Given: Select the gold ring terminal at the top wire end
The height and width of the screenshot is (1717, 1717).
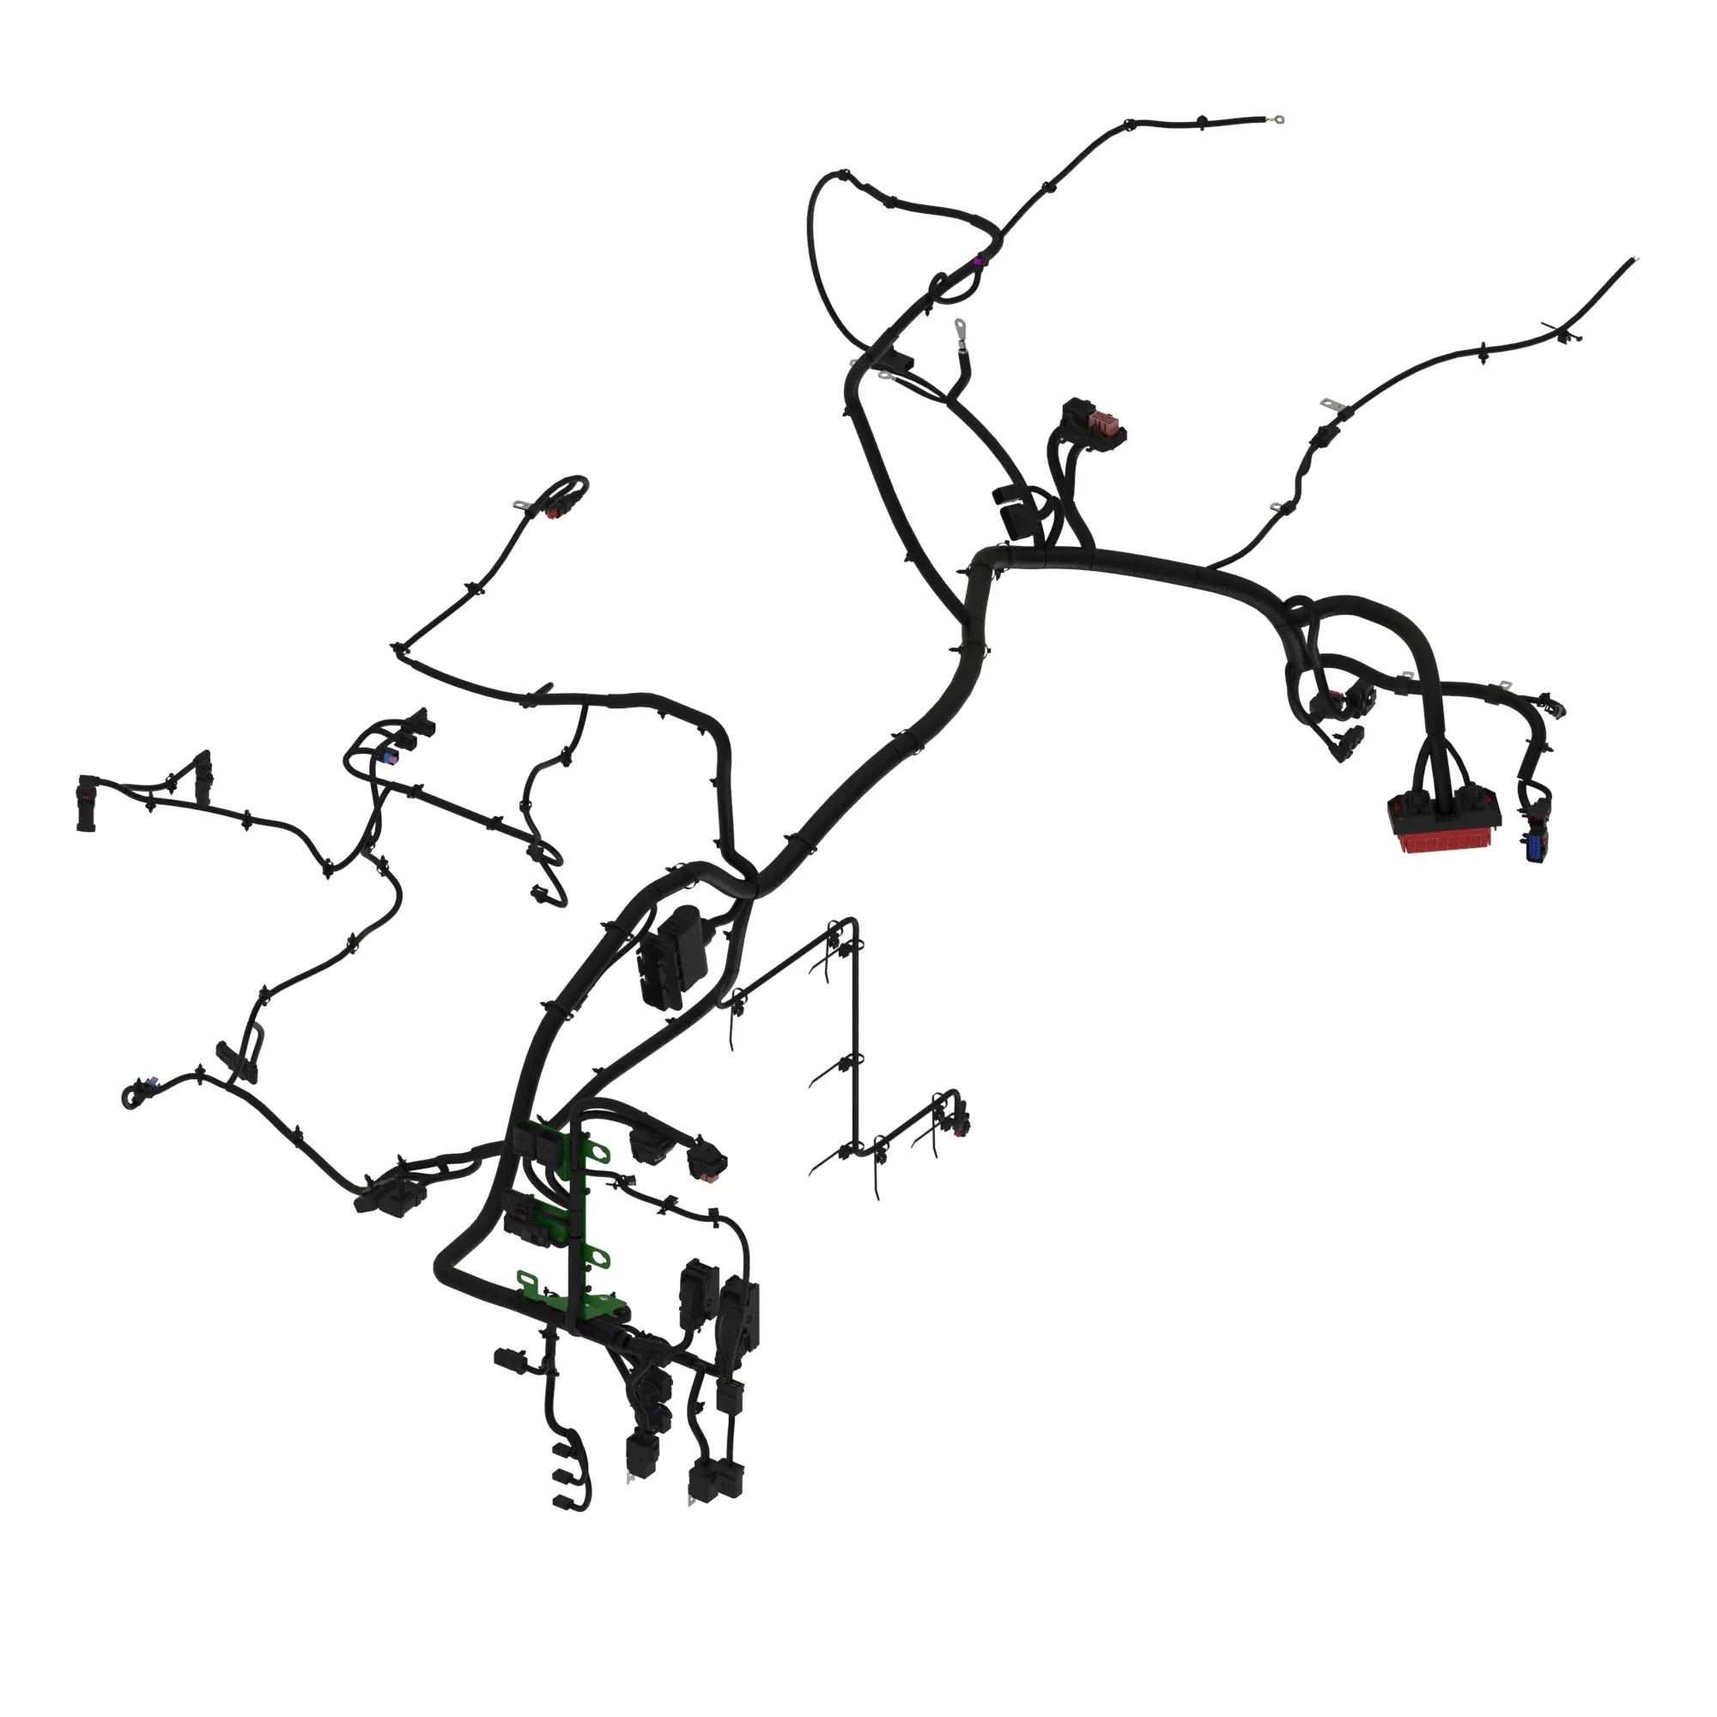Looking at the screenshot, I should click(x=1279, y=118).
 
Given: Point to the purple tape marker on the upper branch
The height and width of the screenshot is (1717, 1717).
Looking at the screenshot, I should click(x=980, y=260).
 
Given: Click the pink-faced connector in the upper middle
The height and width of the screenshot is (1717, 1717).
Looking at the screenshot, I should click(x=1105, y=422).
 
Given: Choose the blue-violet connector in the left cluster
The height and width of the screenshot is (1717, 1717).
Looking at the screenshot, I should click(x=388, y=757).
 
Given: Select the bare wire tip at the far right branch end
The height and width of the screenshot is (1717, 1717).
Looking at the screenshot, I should click(x=1634, y=259).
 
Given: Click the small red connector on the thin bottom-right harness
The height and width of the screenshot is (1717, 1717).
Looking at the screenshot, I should click(x=962, y=1131).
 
